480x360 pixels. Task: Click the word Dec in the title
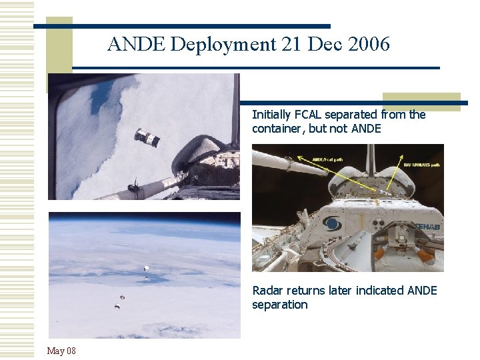[x=317, y=45]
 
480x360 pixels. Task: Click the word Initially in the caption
[x=271, y=115]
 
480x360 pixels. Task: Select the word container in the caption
[x=279, y=129]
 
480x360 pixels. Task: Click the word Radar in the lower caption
[x=267, y=291]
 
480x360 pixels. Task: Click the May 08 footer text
[x=61, y=351]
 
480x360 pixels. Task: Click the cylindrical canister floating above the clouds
[x=147, y=137]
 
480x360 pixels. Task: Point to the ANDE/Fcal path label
[x=329, y=160]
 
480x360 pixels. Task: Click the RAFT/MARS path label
[x=421, y=164]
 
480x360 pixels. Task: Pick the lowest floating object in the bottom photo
[x=117, y=306]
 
